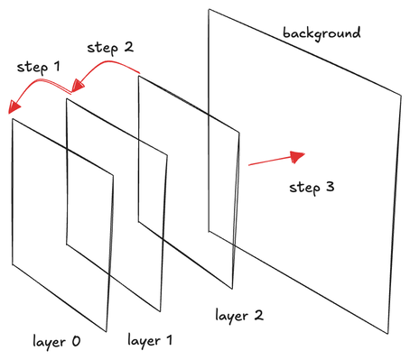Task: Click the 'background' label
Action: (x=321, y=33)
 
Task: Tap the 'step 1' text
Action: (x=38, y=67)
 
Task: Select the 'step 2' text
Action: (x=110, y=48)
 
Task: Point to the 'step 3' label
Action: (x=312, y=188)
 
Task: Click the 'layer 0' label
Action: (x=57, y=341)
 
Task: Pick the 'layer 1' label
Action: (x=150, y=340)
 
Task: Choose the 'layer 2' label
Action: (x=239, y=316)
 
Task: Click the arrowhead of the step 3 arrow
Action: (x=297, y=157)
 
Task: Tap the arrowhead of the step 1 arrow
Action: (x=14, y=107)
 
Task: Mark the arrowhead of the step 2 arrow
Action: (x=78, y=86)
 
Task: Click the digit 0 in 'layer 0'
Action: (x=76, y=341)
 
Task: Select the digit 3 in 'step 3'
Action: (x=330, y=187)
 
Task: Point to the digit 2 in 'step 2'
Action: (x=129, y=47)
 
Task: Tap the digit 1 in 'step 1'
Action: (x=56, y=66)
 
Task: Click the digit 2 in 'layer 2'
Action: (x=259, y=315)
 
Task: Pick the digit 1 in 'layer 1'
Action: (x=169, y=339)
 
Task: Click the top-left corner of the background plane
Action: (x=209, y=9)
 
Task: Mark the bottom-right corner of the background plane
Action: (x=387, y=334)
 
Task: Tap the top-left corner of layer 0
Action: (x=13, y=118)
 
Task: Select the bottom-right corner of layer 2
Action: (x=232, y=290)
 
